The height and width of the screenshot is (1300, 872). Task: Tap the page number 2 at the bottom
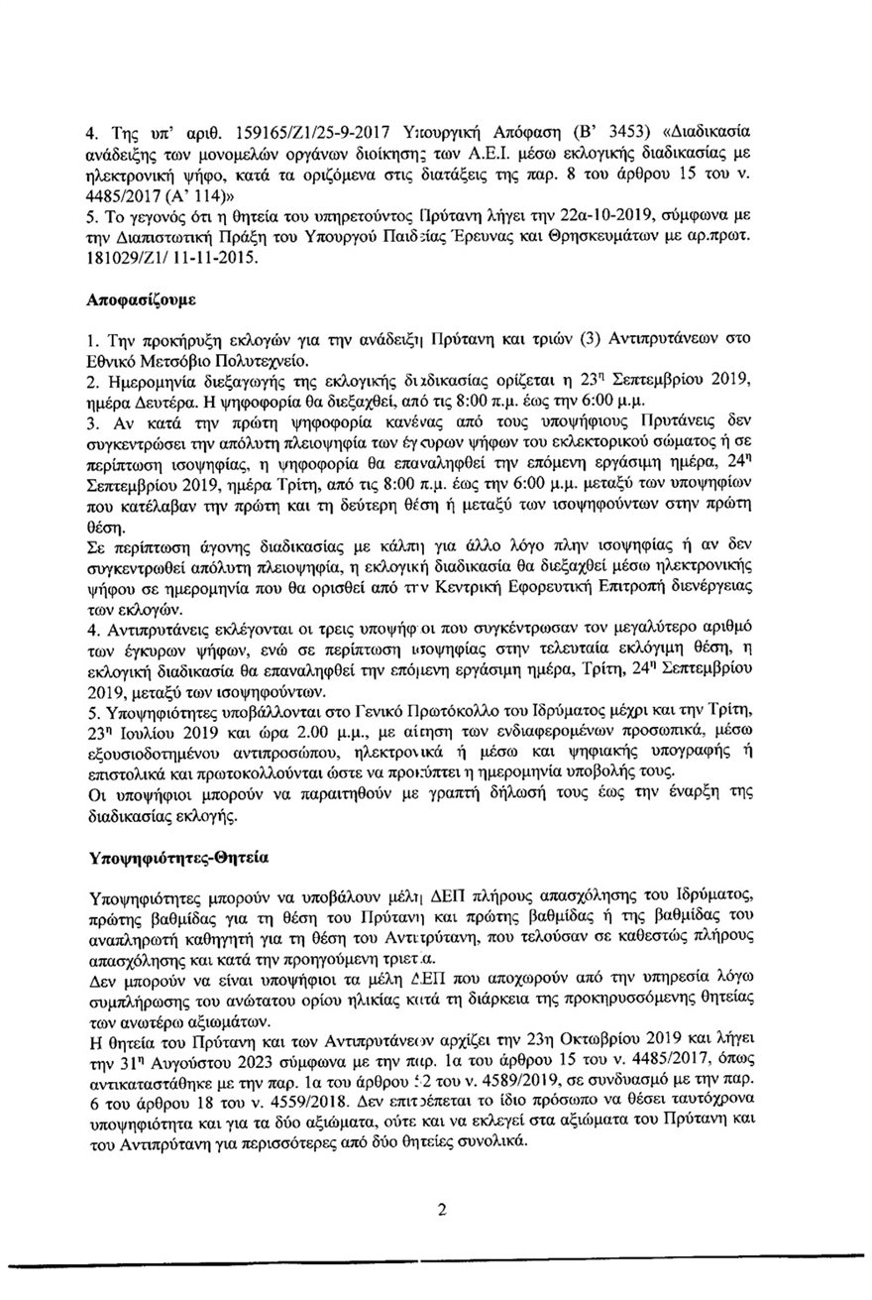[443, 1210]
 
